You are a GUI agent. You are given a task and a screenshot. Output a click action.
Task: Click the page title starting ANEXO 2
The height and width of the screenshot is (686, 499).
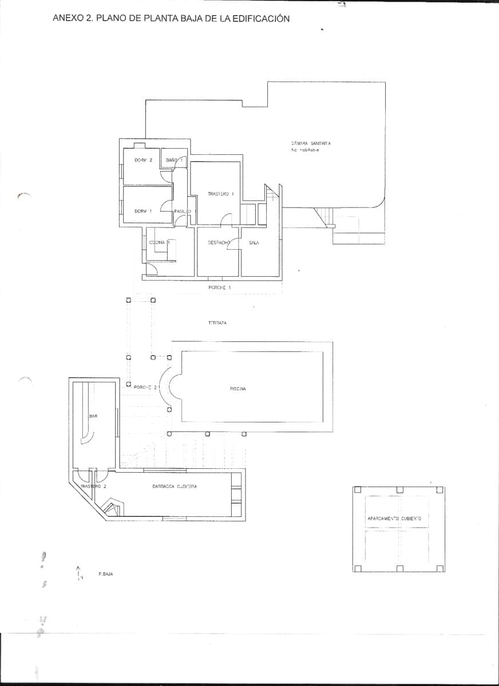tap(171, 18)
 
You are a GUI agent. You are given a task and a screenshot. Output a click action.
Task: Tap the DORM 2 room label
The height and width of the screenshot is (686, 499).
tap(143, 160)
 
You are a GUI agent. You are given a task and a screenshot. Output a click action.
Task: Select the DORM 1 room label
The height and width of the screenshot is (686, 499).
tap(143, 211)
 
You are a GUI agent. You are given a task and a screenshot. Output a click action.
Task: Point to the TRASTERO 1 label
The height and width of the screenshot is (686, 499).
tap(221, 194)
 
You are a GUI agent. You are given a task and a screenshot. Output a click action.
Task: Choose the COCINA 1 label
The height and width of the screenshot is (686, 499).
tap(160, 242)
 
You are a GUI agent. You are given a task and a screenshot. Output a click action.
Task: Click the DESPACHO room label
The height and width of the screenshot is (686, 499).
tap(219, 242)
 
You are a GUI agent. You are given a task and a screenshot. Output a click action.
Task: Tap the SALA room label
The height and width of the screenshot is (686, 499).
tap(254, 242)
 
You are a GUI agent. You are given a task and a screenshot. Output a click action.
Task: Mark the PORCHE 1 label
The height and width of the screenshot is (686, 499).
tap(219, 287)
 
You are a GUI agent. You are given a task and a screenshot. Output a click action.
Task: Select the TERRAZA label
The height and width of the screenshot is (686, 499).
tap(217, 323)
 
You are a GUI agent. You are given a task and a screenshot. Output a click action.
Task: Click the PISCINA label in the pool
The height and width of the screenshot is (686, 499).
tap(237, 388)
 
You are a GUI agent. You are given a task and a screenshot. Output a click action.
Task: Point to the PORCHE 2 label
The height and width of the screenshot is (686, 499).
tap(145, 387)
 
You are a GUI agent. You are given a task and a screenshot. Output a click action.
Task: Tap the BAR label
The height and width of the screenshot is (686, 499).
tap(93, 416)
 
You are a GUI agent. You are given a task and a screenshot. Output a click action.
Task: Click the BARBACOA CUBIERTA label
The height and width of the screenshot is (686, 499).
tap(175, 486)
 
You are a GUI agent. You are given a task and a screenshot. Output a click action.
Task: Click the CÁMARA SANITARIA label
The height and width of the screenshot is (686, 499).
tap(311, 143)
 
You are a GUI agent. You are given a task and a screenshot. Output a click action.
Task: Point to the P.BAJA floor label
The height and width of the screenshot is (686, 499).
tap(106, 573)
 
